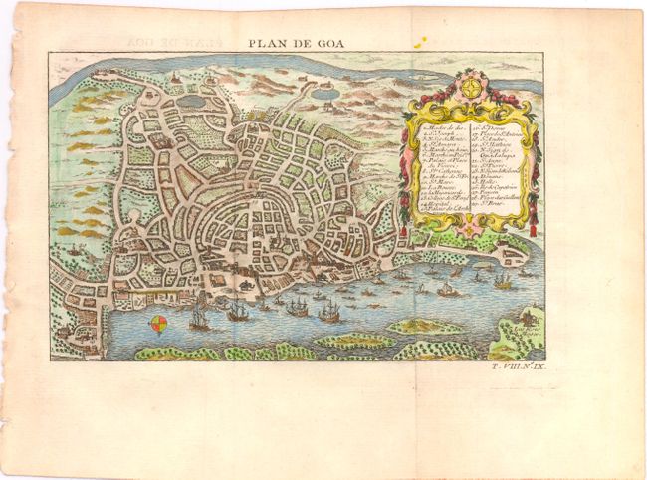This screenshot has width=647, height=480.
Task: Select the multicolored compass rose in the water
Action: coord(157,323)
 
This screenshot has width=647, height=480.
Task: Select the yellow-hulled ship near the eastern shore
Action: coord(502,283)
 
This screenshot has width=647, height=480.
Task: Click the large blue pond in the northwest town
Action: coord(191,101)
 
